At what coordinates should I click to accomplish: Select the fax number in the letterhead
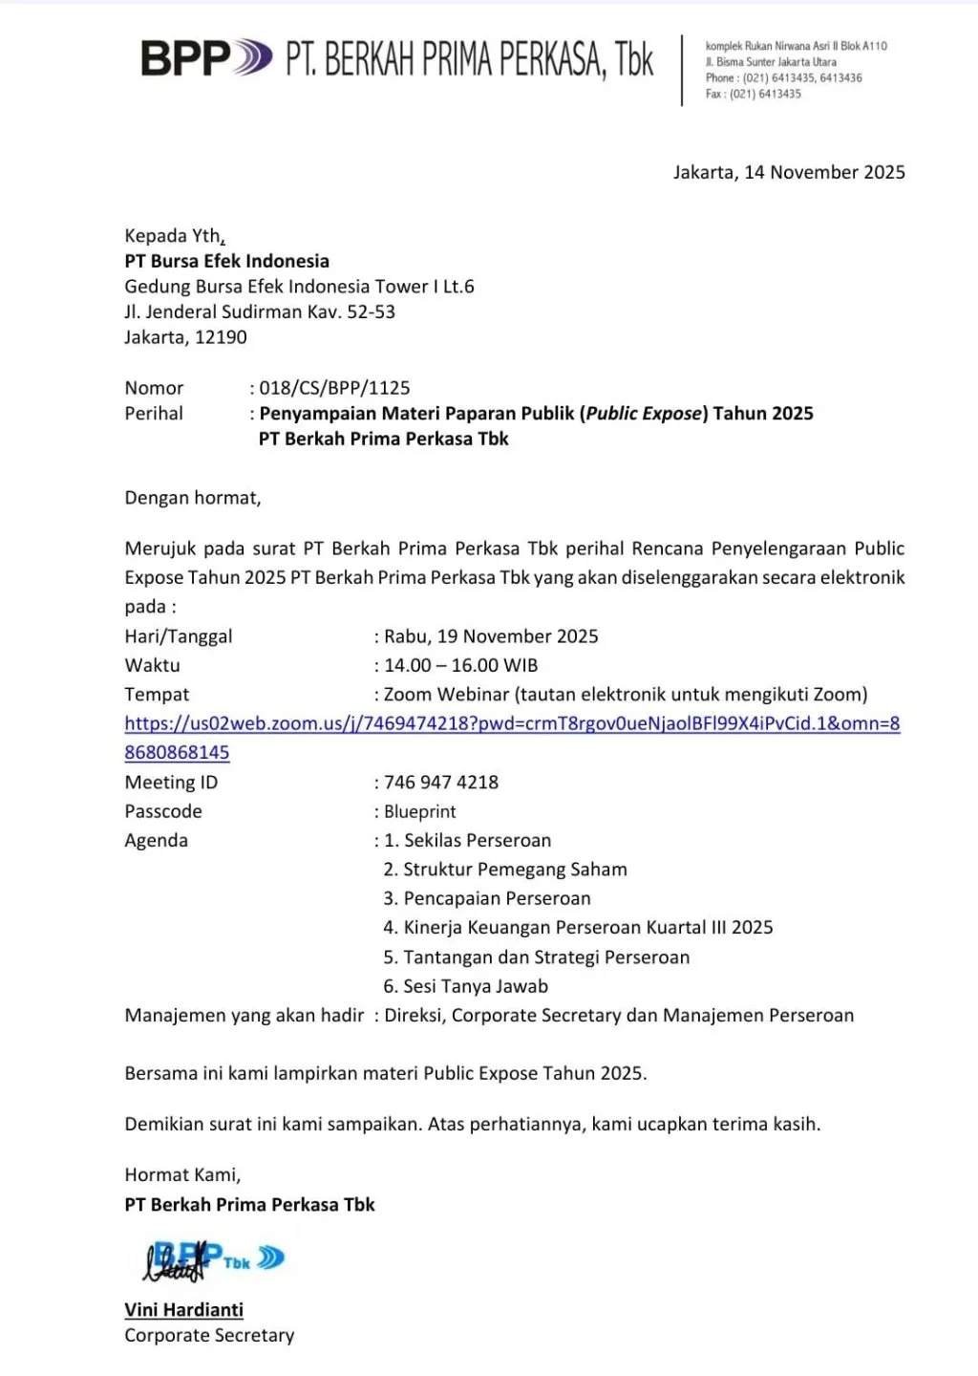point(765,94)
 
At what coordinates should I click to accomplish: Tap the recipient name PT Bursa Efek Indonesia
point(226,261)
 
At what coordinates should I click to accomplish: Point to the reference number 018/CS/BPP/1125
point(334,388)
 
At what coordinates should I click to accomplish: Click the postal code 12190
point(221,337)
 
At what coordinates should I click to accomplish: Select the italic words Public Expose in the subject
point(646,414)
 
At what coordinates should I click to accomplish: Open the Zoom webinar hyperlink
point(512,724)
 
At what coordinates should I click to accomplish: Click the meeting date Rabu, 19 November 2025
point(491,636)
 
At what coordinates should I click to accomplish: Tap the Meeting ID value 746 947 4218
point(441,783)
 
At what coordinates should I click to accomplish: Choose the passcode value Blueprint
point(420,811)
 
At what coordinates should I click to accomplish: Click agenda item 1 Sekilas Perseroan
point(467,841)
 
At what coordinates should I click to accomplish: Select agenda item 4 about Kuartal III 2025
point(578,928)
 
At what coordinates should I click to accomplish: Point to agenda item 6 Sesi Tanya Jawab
point(466,986)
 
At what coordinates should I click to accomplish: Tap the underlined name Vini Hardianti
point(183,1310)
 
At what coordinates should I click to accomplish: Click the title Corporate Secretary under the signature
point(209,1336)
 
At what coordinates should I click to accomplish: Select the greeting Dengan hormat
point(192,498)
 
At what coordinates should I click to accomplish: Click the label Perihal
point(154,414)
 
